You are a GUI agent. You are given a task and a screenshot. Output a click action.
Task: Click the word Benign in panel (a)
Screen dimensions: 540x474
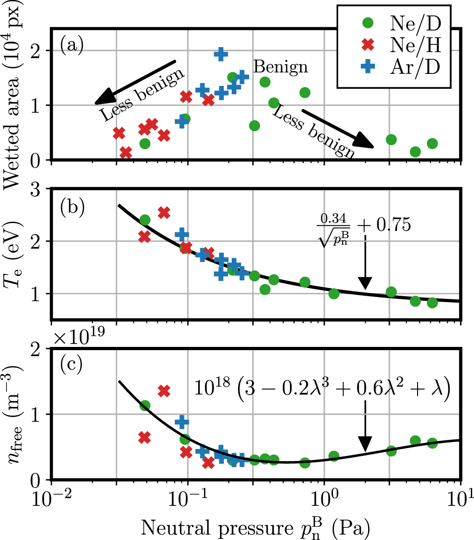(x=280, y=67)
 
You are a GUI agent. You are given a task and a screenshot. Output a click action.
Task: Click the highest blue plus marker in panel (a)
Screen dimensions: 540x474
(x=221, y=54)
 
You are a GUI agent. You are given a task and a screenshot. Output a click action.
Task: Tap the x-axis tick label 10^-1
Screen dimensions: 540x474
(x=188, y=501)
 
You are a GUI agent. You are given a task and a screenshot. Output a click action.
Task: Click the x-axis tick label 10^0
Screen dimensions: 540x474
(x=325, y=501)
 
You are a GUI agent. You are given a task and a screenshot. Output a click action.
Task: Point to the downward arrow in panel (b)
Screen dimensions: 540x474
(x=365, y=263)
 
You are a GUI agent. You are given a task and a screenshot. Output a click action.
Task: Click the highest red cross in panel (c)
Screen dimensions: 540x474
(x=164, y=391)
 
